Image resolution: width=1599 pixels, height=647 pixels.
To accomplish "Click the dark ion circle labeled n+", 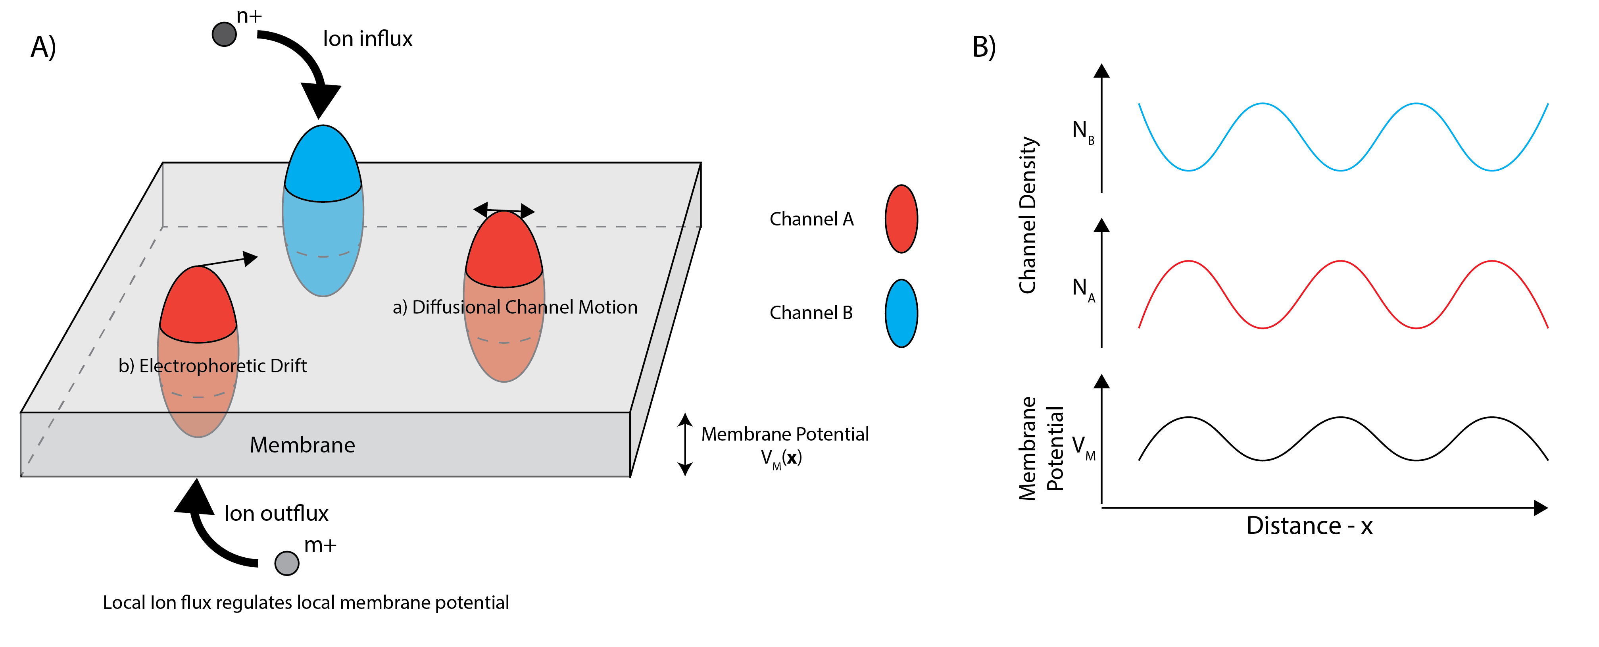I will coord(224,34).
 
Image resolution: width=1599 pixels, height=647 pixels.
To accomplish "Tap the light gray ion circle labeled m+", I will coord(287,563).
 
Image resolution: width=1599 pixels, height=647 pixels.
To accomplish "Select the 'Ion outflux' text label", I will coord(276,514).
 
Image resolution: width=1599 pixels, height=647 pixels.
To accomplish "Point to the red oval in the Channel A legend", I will coord(901,219).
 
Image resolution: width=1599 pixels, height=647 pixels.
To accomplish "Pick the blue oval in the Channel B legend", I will coord(901,313).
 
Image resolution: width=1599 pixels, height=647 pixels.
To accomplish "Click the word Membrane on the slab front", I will coord(302,445).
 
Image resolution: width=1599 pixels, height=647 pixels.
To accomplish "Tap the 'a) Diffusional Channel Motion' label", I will coord(515,307).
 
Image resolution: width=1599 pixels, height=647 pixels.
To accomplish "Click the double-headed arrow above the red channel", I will coord(504,210).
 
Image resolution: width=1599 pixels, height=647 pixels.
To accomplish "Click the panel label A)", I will coord(44,47).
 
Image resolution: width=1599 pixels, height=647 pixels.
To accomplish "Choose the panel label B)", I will coord(984,47).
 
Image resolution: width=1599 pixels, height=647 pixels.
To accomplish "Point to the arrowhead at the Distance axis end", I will coord(1541,508).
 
